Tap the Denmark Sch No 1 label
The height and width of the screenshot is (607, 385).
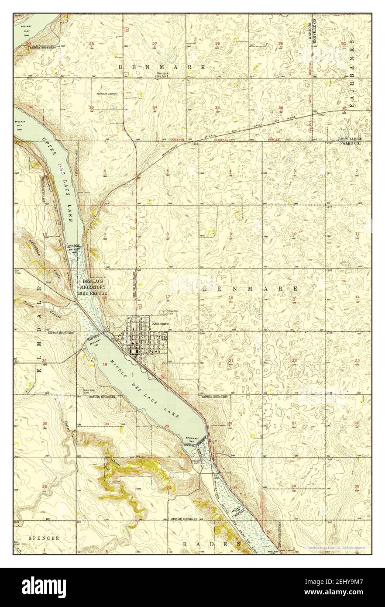point(162,75)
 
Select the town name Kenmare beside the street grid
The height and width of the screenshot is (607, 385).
point(160,324)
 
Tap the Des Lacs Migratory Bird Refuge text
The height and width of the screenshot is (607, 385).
point(92,288)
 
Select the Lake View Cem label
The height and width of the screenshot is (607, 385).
point(89,391)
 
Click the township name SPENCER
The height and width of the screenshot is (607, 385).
point(44,538)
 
